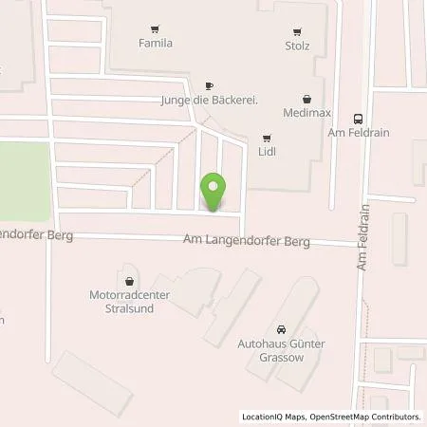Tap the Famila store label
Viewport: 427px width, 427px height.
(x=155, y=43)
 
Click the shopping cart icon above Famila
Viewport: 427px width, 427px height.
(x=155, y=28)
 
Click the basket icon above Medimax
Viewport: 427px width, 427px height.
(x=306, y=98)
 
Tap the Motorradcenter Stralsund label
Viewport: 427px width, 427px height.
(x=129, y=301)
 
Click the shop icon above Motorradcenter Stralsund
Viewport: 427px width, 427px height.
(x=129, y=280)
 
